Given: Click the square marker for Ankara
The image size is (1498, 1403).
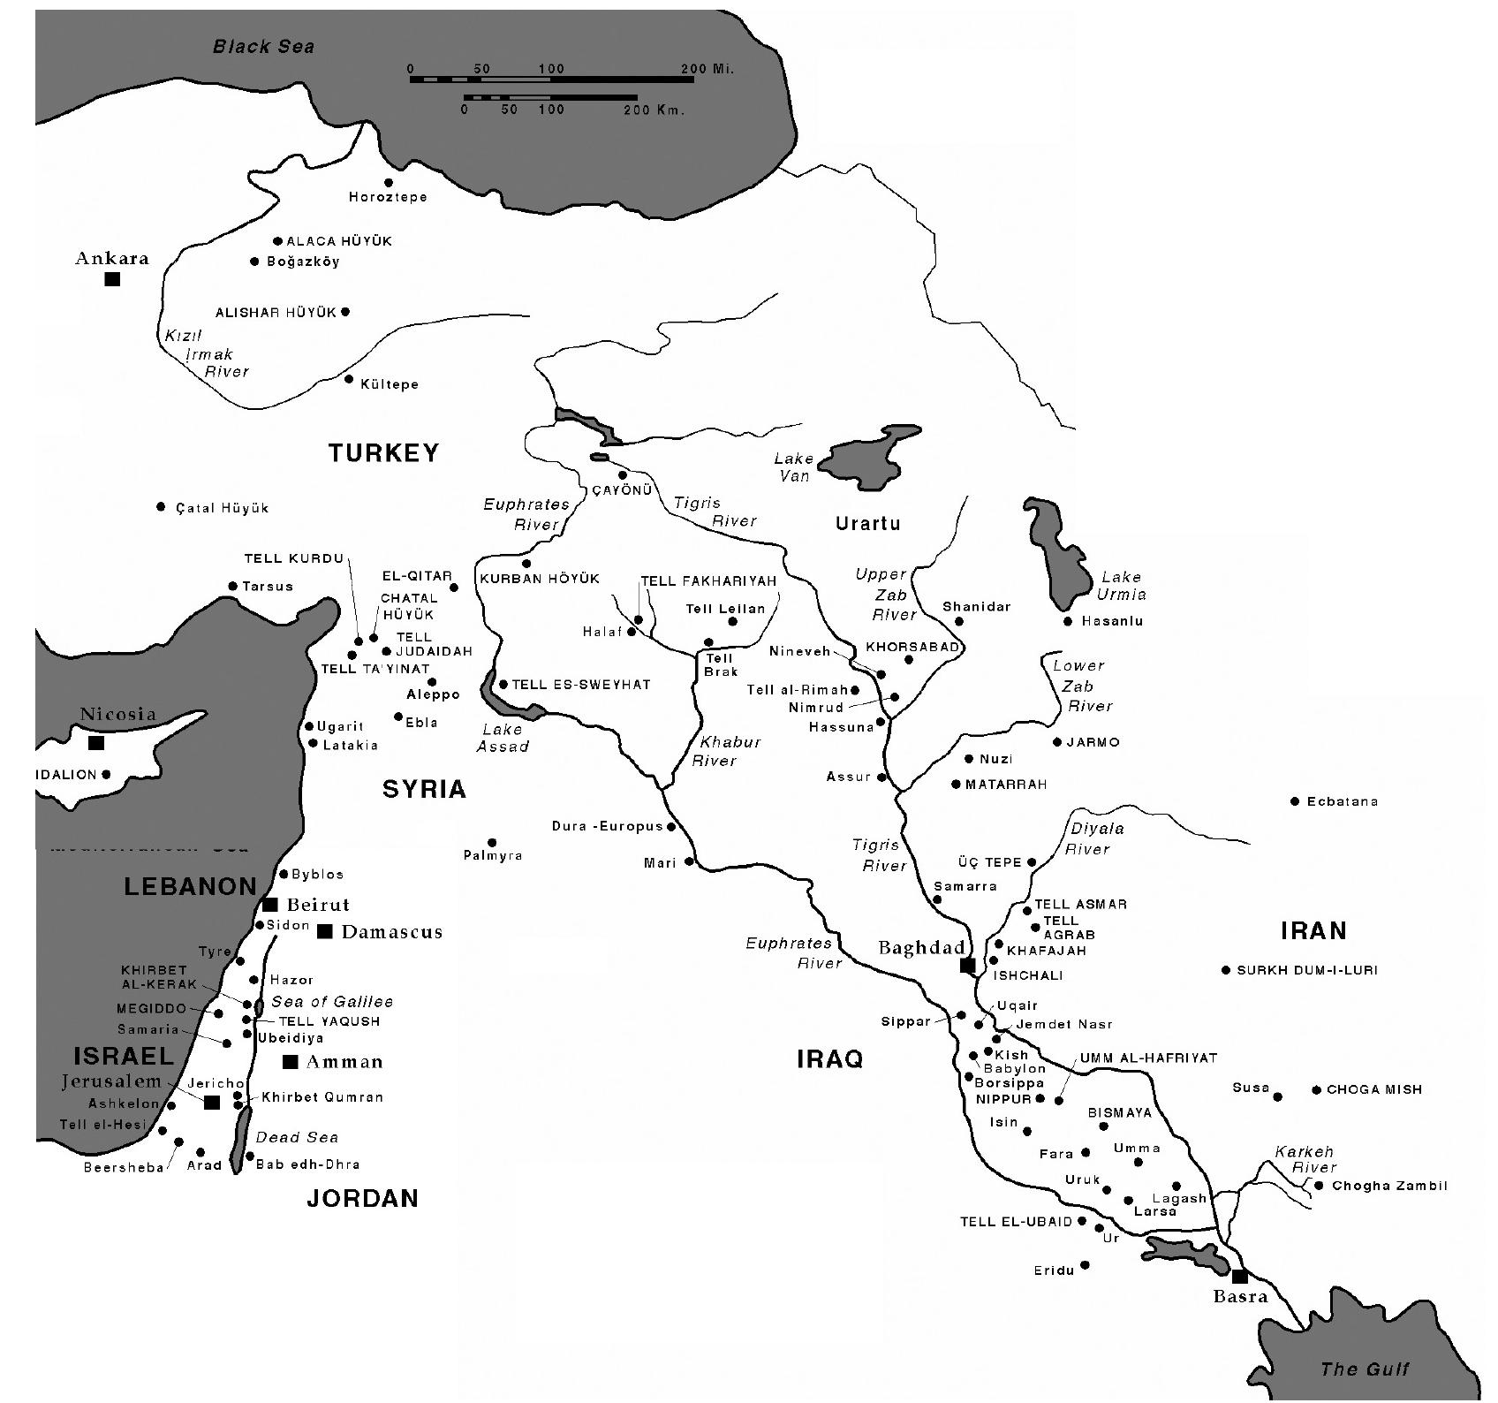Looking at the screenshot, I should point(112,279).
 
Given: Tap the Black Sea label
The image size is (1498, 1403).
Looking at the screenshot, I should point(263,47).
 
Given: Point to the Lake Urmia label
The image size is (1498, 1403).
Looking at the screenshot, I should point(1121,586).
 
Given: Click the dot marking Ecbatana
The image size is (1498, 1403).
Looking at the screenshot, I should point(1295,801).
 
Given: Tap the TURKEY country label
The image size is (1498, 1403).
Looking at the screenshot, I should point(383,453).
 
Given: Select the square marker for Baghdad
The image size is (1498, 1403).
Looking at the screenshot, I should point(967,966).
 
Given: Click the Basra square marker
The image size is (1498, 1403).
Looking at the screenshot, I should point(1239,1276).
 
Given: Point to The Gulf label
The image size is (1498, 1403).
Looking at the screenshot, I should point(1364,1369).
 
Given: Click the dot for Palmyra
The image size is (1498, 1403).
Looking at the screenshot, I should point(492,843).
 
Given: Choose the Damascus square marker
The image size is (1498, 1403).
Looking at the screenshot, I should point(325,931).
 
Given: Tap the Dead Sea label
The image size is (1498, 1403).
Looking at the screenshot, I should point(297,1137).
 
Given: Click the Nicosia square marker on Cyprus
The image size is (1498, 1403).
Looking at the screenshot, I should point(96,742).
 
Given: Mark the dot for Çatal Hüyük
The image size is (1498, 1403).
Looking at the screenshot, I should point(161,507).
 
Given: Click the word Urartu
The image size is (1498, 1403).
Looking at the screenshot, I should point(867,524).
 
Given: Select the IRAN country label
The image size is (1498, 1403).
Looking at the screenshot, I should point(1313,930).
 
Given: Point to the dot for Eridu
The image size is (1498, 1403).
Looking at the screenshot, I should point(1086,1265).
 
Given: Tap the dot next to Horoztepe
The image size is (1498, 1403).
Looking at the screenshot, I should point(389,183).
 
